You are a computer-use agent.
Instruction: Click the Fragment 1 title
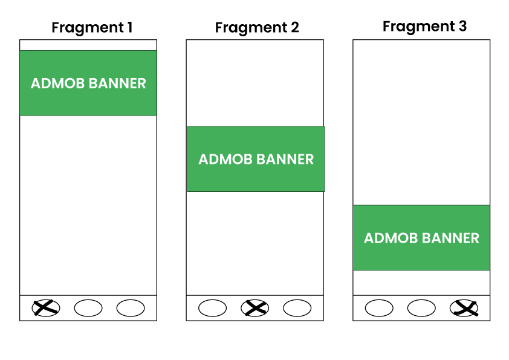(92, 27)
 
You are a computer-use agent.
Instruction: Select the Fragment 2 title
(257, 27)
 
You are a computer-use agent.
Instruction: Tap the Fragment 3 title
(424, 26)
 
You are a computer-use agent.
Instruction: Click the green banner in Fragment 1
(88, 83)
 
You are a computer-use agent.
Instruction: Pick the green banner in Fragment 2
(256, 159)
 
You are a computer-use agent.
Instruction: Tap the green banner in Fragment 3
(421, 238)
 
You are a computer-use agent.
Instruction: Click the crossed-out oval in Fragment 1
(46, 308)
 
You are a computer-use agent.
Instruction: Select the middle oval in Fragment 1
(88, 308)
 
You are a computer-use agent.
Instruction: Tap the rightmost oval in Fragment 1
(131, 308)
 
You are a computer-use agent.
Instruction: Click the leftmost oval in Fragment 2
(213, 308)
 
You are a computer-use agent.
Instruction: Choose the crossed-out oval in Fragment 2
(255, 308)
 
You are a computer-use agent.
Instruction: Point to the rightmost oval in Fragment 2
(297, 308)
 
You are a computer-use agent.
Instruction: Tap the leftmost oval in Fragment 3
(379, 308)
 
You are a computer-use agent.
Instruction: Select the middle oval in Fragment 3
(421, 308)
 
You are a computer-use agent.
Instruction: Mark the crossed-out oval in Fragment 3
(464, 308)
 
